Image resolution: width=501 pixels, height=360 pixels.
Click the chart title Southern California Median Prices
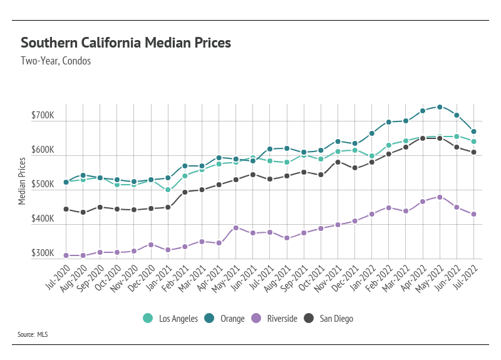click(x=126, y=43)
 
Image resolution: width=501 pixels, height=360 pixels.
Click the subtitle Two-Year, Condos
click(x=55, y=61)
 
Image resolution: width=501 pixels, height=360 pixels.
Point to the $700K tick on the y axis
click(x=43, y=116)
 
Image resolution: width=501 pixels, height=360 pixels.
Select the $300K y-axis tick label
click(x=43, y=254)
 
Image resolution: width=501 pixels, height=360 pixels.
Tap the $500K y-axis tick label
click(x=43, y=185)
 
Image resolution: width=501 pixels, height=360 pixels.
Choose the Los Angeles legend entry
click(x=170, y=319)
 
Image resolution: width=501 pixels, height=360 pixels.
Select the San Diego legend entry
click(x=330, y=319)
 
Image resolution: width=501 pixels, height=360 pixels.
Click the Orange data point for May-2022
click(x=440, y=107)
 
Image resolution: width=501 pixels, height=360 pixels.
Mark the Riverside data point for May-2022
click(x=440, y=197)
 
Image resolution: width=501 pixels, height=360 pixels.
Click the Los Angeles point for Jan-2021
click(x=168, y=190)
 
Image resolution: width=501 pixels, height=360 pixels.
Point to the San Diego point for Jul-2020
click(x=66, y=209)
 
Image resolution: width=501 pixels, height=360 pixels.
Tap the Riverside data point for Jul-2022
click(x=474, y=214)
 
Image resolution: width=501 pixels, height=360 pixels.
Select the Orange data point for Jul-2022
click(x=474, y=131)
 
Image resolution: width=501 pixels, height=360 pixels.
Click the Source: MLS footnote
click(x=33, y=335)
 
